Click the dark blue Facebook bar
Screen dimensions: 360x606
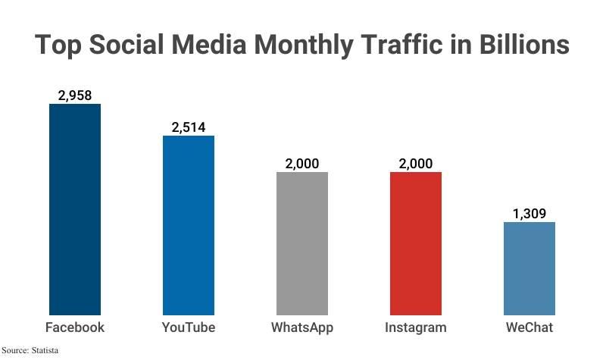click(x=75, y=209)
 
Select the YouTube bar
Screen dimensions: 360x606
click(x=189, y=225)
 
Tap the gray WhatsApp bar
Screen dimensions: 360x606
click(x=302, y=243)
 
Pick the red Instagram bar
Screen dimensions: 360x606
click(x=416, y=243)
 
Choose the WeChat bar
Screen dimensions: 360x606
click(x=529, y=268)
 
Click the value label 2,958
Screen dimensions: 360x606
click(x=75, y=95)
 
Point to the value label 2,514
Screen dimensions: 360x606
click(x=189, y=127)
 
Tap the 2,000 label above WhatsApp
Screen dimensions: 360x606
click(x=302, y=164)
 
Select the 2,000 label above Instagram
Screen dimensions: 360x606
click(x=416, y=164)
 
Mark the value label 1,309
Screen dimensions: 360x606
click(x=529, y=214)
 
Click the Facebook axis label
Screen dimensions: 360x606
click(x=75, y=327)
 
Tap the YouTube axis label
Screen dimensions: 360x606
click(x=189, y=327)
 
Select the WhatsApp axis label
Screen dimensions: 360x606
click(x=302, y=327)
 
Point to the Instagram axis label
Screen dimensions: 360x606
click(x=416, y=327)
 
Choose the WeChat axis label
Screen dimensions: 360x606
click(x=529, y=327)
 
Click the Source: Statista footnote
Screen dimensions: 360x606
click(x=30, y=350)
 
